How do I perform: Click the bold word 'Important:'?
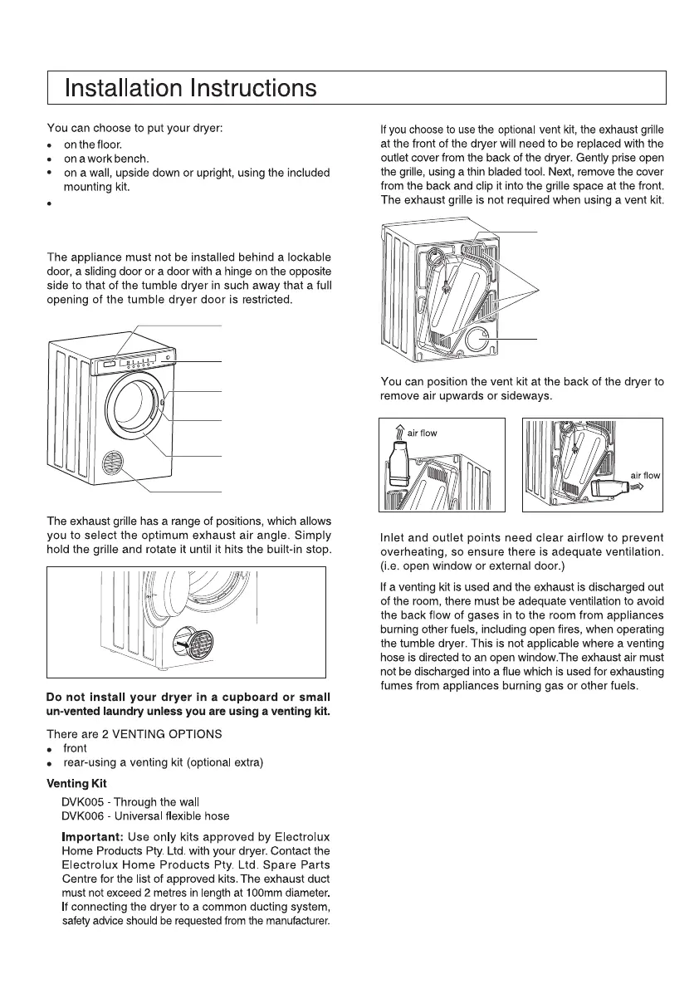[93, 836]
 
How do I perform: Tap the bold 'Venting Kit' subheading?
[76, 783]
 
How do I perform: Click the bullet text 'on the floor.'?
[93, 145]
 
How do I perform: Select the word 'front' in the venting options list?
[75, 748]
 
